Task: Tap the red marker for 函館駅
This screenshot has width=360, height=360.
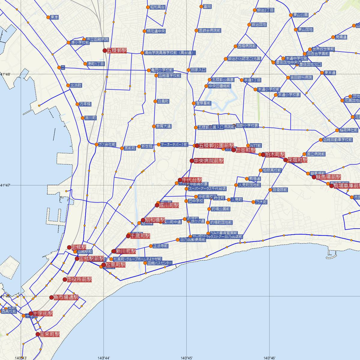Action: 69,247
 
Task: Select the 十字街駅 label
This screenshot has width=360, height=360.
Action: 43,313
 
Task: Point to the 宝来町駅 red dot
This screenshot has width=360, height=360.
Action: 37,334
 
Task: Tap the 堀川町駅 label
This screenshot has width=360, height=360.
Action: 169,205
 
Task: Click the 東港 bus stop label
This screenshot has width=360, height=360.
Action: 55,17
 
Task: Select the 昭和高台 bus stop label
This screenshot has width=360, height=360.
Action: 157,7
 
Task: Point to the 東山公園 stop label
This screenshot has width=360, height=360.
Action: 301,15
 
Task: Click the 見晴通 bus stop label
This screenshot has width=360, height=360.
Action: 341,37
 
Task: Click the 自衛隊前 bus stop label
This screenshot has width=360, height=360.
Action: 280,190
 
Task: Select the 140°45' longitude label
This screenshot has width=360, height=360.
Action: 186,358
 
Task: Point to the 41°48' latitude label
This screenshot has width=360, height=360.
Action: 5,74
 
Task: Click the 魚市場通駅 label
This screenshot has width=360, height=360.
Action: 66,298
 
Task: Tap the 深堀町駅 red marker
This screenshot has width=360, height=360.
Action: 286,160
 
